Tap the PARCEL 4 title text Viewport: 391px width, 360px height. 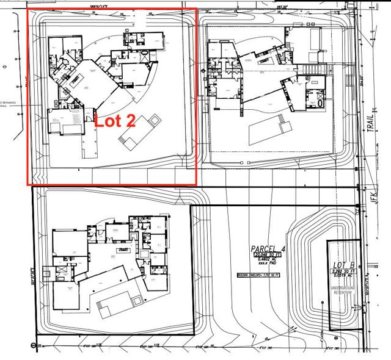[268, 248]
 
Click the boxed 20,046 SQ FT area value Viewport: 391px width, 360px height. [268, 254]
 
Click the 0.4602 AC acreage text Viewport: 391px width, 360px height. [267, 259]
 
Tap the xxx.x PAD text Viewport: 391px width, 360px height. [268, 264]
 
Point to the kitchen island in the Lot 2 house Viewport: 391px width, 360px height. [78, 80]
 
